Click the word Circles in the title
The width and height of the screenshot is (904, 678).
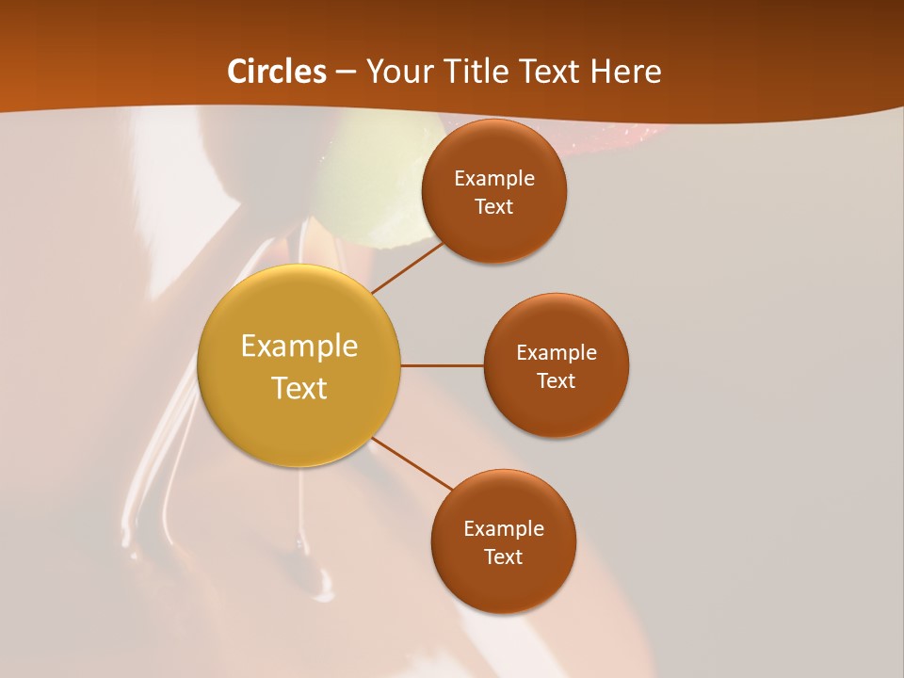point(277,72)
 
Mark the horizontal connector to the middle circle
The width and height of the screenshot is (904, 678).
point(442,365)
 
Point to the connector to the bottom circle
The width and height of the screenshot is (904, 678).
point(412,463)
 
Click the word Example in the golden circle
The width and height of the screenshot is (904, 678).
point(299,346)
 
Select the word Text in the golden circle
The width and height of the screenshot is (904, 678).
point(299,388)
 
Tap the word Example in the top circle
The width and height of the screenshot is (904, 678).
point(493,178)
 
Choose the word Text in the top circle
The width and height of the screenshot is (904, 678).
point(493,206)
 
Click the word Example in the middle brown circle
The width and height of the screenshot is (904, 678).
point(556,352)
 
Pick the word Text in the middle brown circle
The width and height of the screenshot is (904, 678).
point(556,380)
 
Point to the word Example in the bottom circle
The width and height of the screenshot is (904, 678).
point(503,528)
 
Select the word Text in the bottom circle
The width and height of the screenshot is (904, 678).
point(503,557)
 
